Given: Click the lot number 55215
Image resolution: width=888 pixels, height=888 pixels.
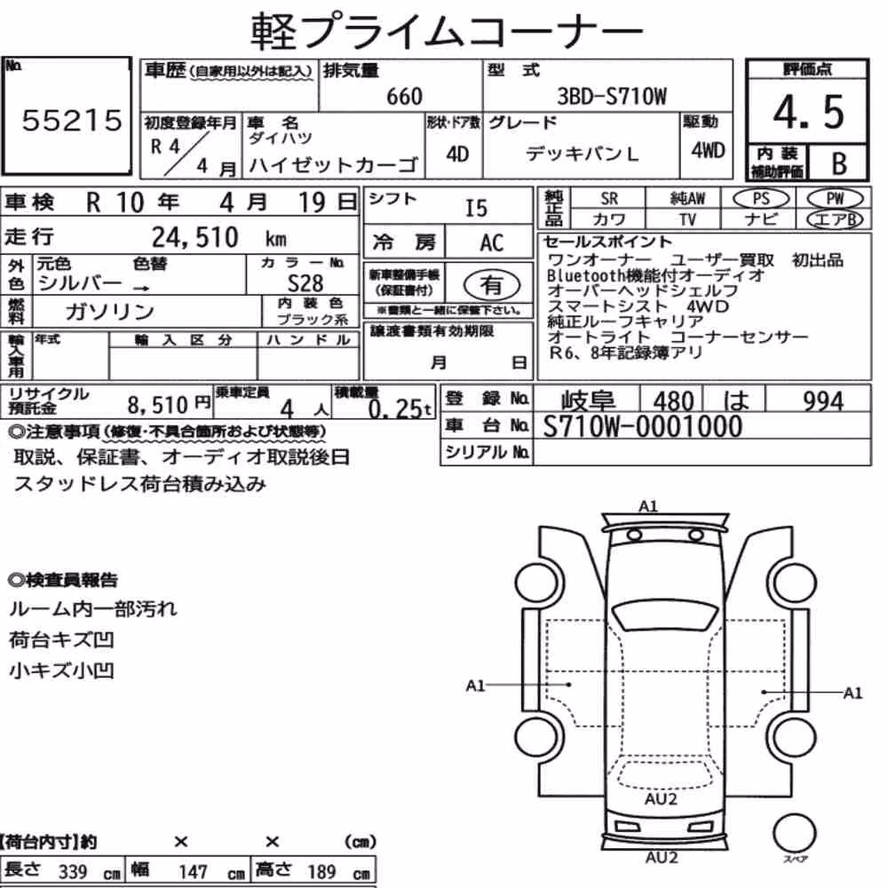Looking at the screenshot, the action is click(x=72, y=120).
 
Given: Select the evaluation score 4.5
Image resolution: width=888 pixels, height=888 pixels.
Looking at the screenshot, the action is click(x=808, y=112).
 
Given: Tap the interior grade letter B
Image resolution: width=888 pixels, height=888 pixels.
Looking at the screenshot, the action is click(x=839, y=163).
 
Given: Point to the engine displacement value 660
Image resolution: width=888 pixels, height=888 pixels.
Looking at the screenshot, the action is click(x=404, y=96).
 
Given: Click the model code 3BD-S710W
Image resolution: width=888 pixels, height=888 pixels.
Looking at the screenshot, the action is click(x=612, y=96).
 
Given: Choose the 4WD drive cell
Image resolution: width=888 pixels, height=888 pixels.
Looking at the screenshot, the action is click(x=708, y=150).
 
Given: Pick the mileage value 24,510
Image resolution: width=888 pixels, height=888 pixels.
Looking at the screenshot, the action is click(x=194, y=237).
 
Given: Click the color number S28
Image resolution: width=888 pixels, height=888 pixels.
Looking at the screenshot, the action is click(x=305, y=282).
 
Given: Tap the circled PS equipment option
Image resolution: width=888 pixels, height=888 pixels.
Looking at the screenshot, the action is click(x=761, y=199).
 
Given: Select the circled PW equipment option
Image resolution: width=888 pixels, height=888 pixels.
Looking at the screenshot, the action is click(x=835, y=199).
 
